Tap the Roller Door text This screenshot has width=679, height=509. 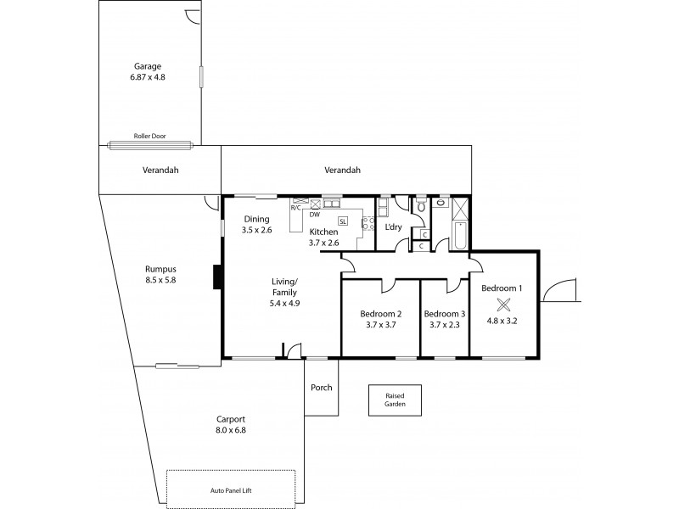pyautogui.click(x=147, y=136)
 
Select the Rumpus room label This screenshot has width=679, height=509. pyautogui.click(x=160, y=269)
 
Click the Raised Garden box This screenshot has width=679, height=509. pyautogui.click(x=395, y=400)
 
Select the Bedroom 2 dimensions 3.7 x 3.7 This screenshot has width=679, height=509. pyautogui.click(x=381, y=324)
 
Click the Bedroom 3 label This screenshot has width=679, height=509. pyautogui.click(x=445, y=313)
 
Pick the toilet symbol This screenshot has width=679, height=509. pyautogui.click(x=420, y=206)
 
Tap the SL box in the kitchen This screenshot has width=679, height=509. pyautogui.click(x=343, y=221)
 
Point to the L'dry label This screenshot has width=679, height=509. pyautogui.click(x=393, y=227)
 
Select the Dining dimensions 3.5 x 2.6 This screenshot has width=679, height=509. pyautogui.click(x=256, y=230)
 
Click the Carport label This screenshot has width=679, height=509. pyautogui.click(x=231, y=419)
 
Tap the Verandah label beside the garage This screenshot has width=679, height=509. pyautogui.click(x=160, y=170)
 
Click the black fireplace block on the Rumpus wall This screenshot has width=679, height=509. pyautogui.click(x=218, y=277)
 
